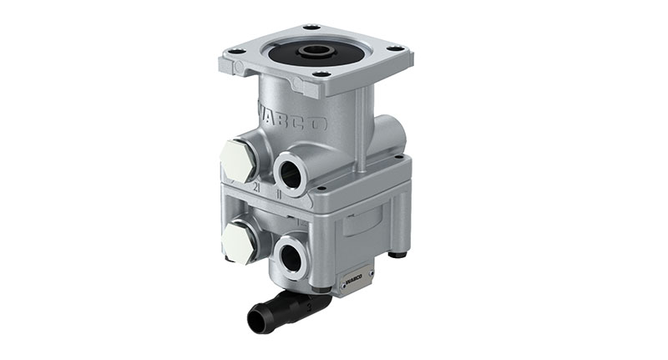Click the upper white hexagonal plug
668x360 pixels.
pyautogui.click(x=240, y=160)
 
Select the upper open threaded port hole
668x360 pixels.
pyautogui.click(x=290, y=172)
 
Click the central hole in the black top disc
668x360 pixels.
pyautogui.click(x=315, y=51)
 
